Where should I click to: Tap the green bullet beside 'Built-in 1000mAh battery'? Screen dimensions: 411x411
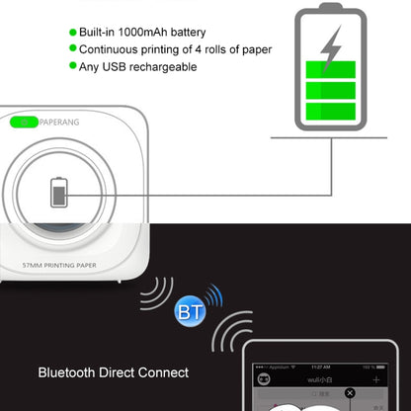(72, 33)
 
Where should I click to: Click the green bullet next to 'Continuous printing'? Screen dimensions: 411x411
(72, 49)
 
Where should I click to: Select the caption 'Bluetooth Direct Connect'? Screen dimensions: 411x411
(113, 373)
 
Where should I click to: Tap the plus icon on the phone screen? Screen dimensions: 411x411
(376, 379)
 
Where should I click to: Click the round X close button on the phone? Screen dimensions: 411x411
(350, 393)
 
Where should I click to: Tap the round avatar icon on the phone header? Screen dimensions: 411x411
(264, 379)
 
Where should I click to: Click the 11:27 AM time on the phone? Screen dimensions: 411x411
(319, 365)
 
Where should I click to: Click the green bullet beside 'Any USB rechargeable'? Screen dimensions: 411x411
(72, 66)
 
